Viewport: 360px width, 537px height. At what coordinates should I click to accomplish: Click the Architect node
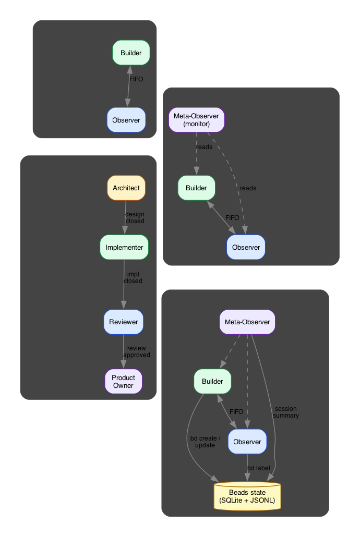click(x=126, y=188)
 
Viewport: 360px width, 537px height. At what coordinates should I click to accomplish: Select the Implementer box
click(x=124, y=247)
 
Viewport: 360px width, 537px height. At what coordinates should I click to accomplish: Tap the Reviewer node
click(x=124, y=322)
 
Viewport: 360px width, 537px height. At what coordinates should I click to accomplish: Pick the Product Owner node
click(x=123, y=381)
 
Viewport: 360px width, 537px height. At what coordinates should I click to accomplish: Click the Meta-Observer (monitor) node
click(x=196, y=120)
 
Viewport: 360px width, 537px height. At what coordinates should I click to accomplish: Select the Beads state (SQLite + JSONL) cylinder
click(x=247, y=496)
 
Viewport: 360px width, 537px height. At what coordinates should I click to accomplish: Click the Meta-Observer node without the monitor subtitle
click(x=247, y=322)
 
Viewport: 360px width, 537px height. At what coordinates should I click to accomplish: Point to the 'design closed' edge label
click(x=135, y=217)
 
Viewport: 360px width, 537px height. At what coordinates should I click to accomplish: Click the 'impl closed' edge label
click(x=133, y=277)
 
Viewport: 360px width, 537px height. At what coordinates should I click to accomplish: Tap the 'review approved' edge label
click(x=136, y=351)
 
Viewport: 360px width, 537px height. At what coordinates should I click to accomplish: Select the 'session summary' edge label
click(x=286, y=412)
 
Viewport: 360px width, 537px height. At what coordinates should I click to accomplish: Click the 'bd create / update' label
click(x=205, y=442)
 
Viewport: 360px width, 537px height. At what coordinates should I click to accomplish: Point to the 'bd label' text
click(x=259, y=468)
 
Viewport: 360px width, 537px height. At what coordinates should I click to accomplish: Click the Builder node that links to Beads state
click(x=212, y=381)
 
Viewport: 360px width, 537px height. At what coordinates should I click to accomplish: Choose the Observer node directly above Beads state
click(x=247, y=442)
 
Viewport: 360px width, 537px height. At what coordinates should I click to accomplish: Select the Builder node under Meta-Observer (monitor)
click(x=196, y=188)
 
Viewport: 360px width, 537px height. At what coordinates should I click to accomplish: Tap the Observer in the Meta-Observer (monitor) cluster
click(x=246, y=247)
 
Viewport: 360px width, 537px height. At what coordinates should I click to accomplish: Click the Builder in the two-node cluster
click(x=131, y=53)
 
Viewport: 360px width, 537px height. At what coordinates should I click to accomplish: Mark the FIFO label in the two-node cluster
click(x=136, y=79)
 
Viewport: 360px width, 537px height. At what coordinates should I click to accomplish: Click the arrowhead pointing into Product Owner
click(x=123, y=366)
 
